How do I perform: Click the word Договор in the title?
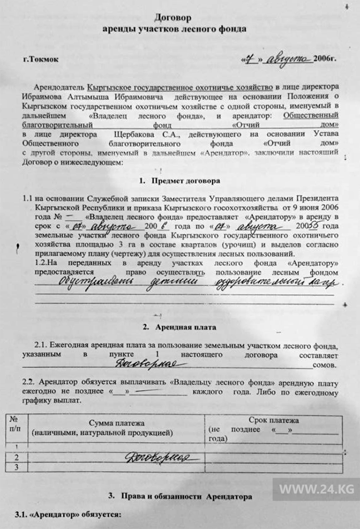pos(173,18)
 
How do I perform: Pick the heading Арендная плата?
pos(186,327)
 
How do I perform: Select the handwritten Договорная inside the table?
pos(159,457)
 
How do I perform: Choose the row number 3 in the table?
pos(17,467)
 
